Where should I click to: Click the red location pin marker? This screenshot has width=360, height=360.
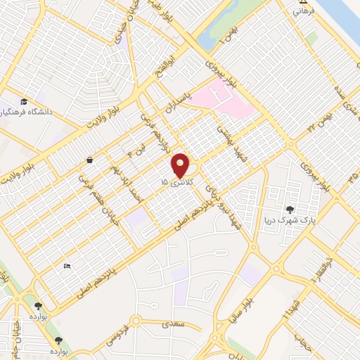point(180,165)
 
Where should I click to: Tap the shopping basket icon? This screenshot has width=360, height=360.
point(90,160)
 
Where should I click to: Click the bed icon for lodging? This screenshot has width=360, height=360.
point(67,265)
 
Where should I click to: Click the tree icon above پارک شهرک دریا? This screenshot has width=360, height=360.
point(290,209)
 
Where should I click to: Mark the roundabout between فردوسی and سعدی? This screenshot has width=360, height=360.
point(136,323)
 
